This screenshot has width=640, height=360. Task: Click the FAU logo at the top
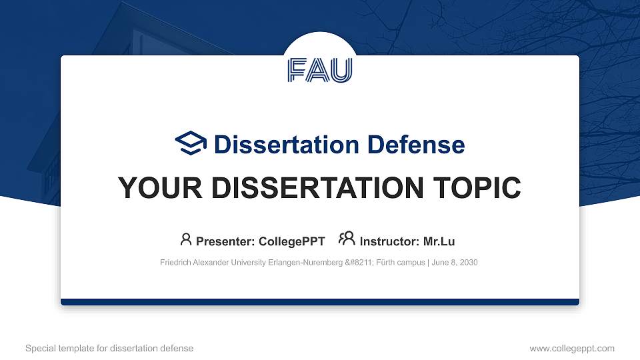click(x=320, y=70)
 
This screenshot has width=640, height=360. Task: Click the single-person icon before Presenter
click(x=186, y=239)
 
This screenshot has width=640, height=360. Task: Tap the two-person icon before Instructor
click(x=347, y=239)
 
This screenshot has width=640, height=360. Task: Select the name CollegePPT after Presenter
click(x=293, y=241)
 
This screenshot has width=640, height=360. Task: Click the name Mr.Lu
click(x=439, y=241)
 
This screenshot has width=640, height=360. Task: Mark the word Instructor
click(x=389, y=241)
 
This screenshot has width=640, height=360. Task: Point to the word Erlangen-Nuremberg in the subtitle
click(x=297, y=263)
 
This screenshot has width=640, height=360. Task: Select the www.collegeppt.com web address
click(x=572, y=348)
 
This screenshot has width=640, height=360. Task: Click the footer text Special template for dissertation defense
click(x=109, y=348)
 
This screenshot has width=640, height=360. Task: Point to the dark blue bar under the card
click(x=320, y=302)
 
